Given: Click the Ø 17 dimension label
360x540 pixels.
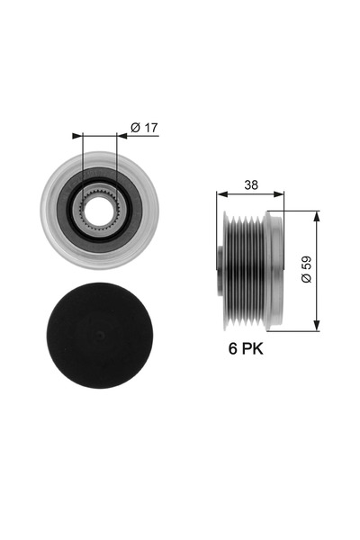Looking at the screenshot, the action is (x=144, y=128).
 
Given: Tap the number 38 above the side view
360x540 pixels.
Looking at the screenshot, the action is (x=251, y=184).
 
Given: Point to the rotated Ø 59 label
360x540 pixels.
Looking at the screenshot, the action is (x=306, y=269).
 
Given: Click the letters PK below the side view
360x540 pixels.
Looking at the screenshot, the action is (x=252, y=348).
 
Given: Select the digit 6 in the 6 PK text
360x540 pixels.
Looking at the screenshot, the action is (x=233, y=348).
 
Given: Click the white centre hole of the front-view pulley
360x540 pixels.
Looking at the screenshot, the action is (x=99, y=211).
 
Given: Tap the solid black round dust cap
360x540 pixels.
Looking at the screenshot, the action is (x=99, y=336).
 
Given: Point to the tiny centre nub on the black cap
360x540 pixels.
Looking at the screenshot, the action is (x=99, y=335).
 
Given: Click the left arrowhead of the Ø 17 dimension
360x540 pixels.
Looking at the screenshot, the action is (x=77, y=136).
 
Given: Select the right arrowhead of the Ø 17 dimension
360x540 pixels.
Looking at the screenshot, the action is (x=122, y=136).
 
